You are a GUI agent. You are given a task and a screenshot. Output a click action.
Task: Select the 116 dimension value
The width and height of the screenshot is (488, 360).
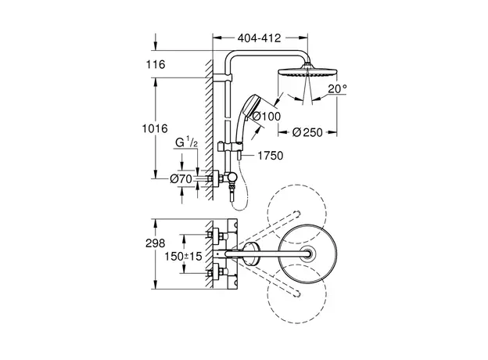[156, 64]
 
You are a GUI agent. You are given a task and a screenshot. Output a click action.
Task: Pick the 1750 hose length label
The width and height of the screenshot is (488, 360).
[267, 155]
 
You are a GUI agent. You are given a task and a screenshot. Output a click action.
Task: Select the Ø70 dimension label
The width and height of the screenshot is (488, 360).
[181, 179]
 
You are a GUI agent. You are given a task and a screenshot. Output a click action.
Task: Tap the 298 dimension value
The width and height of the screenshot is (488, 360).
[156, 244]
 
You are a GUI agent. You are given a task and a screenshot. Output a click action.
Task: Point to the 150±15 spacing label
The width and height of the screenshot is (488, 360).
[185, 256]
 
